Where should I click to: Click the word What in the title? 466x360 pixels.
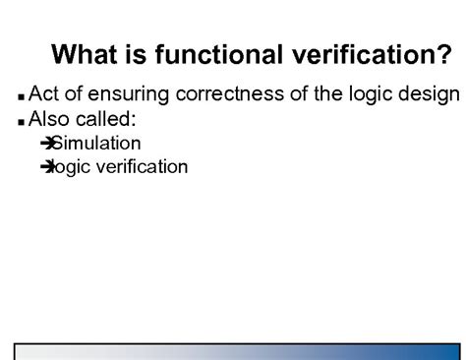coord(85,54)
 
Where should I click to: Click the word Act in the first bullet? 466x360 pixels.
coord(45,95)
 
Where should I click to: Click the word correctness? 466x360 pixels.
coord(229,95)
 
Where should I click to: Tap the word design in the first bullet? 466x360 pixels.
coord(431,96)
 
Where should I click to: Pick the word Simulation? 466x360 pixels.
coord(95,144)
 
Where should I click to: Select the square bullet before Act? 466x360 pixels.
coord(22,98)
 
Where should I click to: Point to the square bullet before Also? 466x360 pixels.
coord(22,123)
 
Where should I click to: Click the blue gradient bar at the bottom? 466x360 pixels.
coord(233,352)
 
